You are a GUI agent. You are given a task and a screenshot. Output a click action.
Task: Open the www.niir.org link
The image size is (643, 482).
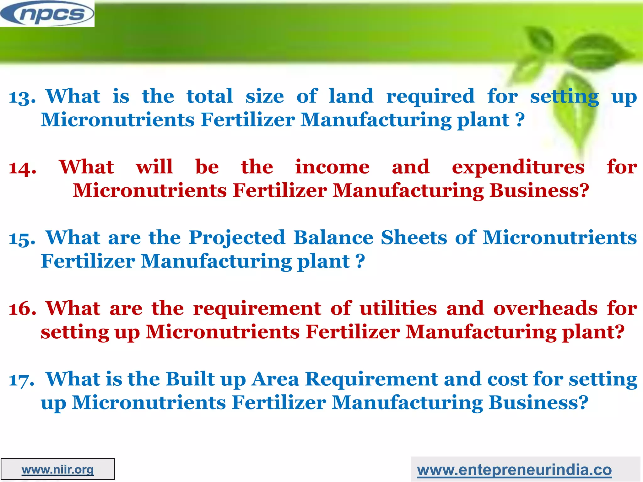click(x=58, y=470)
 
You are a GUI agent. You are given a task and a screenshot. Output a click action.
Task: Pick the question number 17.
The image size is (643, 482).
click(x=21, y=380)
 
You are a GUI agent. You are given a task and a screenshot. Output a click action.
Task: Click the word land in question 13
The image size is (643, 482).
click(x=351, y=96)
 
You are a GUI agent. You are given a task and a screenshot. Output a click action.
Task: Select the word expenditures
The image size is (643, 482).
click(x=518, y=167)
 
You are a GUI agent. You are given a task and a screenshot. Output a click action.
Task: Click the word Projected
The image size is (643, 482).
click(x=237, y=238)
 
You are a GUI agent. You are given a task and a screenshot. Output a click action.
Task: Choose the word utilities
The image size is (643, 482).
click(x=398, y=308)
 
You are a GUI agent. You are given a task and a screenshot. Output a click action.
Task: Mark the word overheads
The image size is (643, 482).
click(x=545, y=308)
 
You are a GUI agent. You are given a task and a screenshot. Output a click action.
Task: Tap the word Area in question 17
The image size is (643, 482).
click(x=275, y=379)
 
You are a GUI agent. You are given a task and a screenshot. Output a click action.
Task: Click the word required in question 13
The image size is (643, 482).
click(x=430, y=97)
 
